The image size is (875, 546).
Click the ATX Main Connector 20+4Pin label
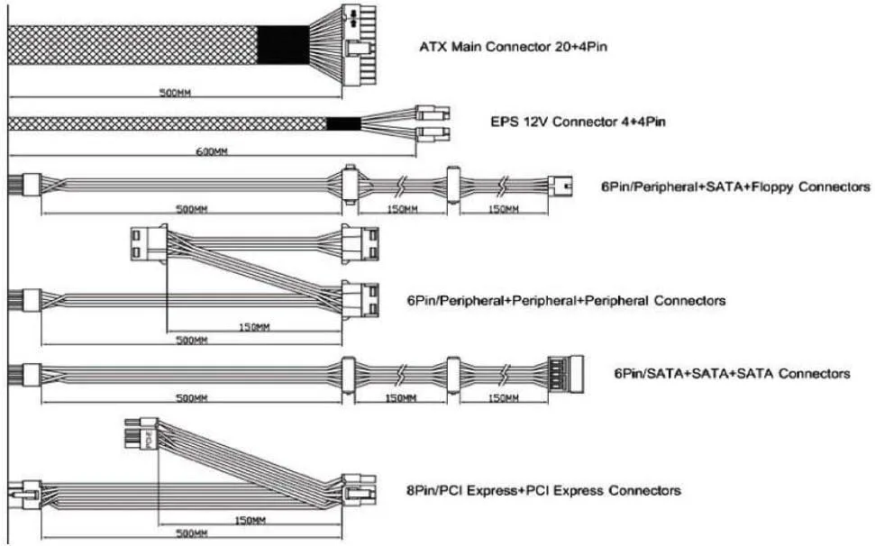[x=513, y=46]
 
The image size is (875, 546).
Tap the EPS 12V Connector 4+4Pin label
[x=578, y=122]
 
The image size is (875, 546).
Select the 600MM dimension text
[x=212, y=151]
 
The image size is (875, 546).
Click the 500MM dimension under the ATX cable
[x=175, y=93]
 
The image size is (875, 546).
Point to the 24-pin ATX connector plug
[x=359, y=45]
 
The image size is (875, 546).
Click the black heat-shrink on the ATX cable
[x=283, y=45]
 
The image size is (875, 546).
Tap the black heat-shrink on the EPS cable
[x=343, y=123]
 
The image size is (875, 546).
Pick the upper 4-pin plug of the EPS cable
[x=433, y=114]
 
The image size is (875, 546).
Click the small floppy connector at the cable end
[x=560, y=186]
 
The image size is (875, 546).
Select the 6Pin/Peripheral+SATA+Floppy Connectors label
[x=735, y=187]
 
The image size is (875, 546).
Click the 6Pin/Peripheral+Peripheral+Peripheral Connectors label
[x=566, y=301]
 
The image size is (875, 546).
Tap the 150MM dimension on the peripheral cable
[x=254, y=327]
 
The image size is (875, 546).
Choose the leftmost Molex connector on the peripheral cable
[x=149, y=244]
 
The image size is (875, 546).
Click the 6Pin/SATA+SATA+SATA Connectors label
[x=732, y=373]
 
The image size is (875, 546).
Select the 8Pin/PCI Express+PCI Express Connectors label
[x=543, y=491]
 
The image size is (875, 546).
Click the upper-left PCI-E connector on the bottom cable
[x=141, y=433]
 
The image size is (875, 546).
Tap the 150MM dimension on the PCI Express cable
[x=250, y=521]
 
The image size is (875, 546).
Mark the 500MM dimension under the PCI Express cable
[x=191, y=533]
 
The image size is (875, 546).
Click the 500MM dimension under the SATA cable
[x=191, y=398]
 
